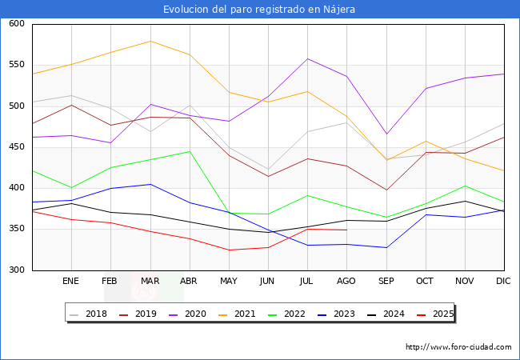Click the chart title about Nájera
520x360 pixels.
pyautogui.click(x=259, y=10)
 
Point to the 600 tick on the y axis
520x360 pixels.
pyautogui.click(x=17, y=24)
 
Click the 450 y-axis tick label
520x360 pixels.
pyautogui.click(x=17, y=147)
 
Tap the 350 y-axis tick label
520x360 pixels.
pyautogui.click(x=17, y=230)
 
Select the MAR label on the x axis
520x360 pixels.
pyautogui.click(x=150, y=282)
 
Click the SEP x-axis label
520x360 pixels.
pyautogui.click(x=386, y=282)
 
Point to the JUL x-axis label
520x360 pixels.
pyautogui.click(x=307, y=282)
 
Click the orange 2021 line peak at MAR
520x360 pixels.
pyautogui.click(x=150, y=41)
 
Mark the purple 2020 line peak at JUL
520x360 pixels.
pyautogui.click(x=307, y=58)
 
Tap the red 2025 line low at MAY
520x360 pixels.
pyautogui.click(x=229, y=250)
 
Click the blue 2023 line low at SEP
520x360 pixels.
pyautogui.click(x=386, y=247)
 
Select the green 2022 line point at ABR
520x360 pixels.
pyautogui.click(x=190, y=151)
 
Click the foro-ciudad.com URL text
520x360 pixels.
pyautogui.click(x=458, y=347)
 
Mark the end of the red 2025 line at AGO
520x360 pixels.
pyautogui.click(x=346, y=230)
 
